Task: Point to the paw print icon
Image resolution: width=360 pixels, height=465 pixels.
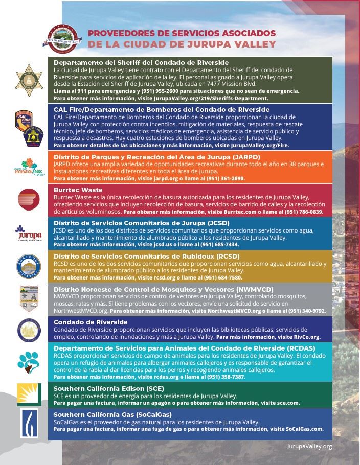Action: tap(26, 361)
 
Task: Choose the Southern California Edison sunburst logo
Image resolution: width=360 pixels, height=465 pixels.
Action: tap(26, 393)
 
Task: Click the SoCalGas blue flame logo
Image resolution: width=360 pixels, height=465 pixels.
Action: tap(26, 422)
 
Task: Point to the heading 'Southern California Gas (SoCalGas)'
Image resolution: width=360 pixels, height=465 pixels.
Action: tap(112, 414)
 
